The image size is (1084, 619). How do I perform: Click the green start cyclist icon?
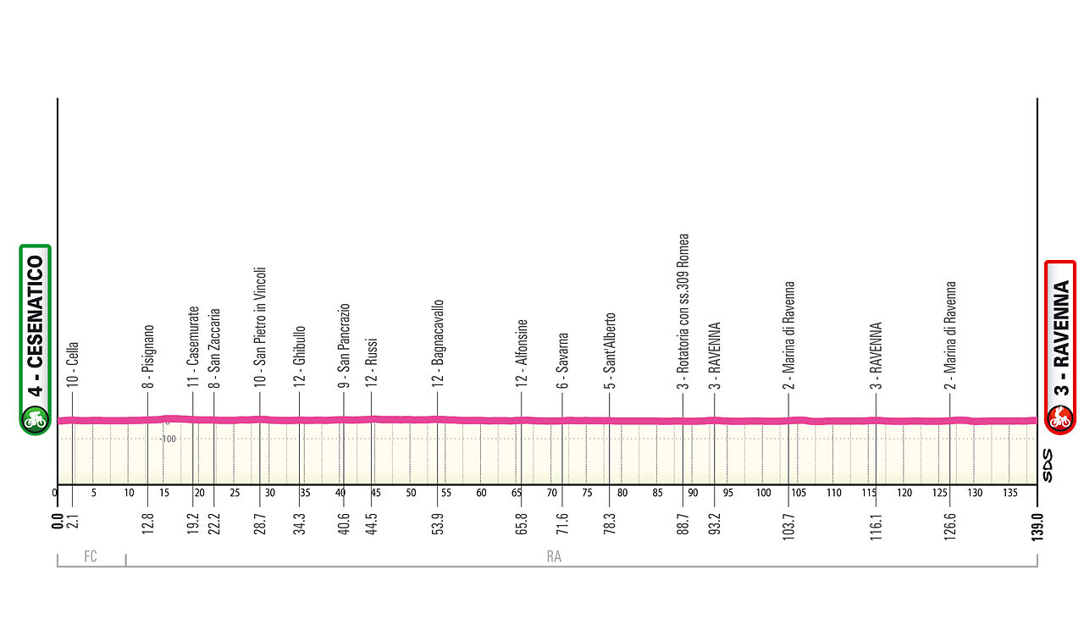click(x=35, y=417)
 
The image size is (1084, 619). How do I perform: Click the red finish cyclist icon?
click(x=1059, y=417)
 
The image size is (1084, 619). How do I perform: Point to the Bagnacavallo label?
click(x=438, y=344)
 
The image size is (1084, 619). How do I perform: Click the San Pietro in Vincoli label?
click(x=261, y=327)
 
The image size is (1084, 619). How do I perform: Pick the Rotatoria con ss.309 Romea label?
click(x=683, y=312)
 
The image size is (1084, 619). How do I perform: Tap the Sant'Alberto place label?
click(x=610, y=351)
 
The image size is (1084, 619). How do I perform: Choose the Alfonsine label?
click(x=522, y=354)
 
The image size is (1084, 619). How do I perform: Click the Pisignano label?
click(x=148, y=356)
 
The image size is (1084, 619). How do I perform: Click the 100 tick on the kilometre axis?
click(x=763, y=493)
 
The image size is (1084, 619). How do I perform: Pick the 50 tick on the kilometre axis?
click(x=411, y=493)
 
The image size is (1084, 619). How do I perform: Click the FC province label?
click(x=91, y=557)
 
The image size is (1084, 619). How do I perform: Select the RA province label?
click(x=555, y=557)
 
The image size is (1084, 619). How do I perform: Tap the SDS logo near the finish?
click(x=1048, y=466)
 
